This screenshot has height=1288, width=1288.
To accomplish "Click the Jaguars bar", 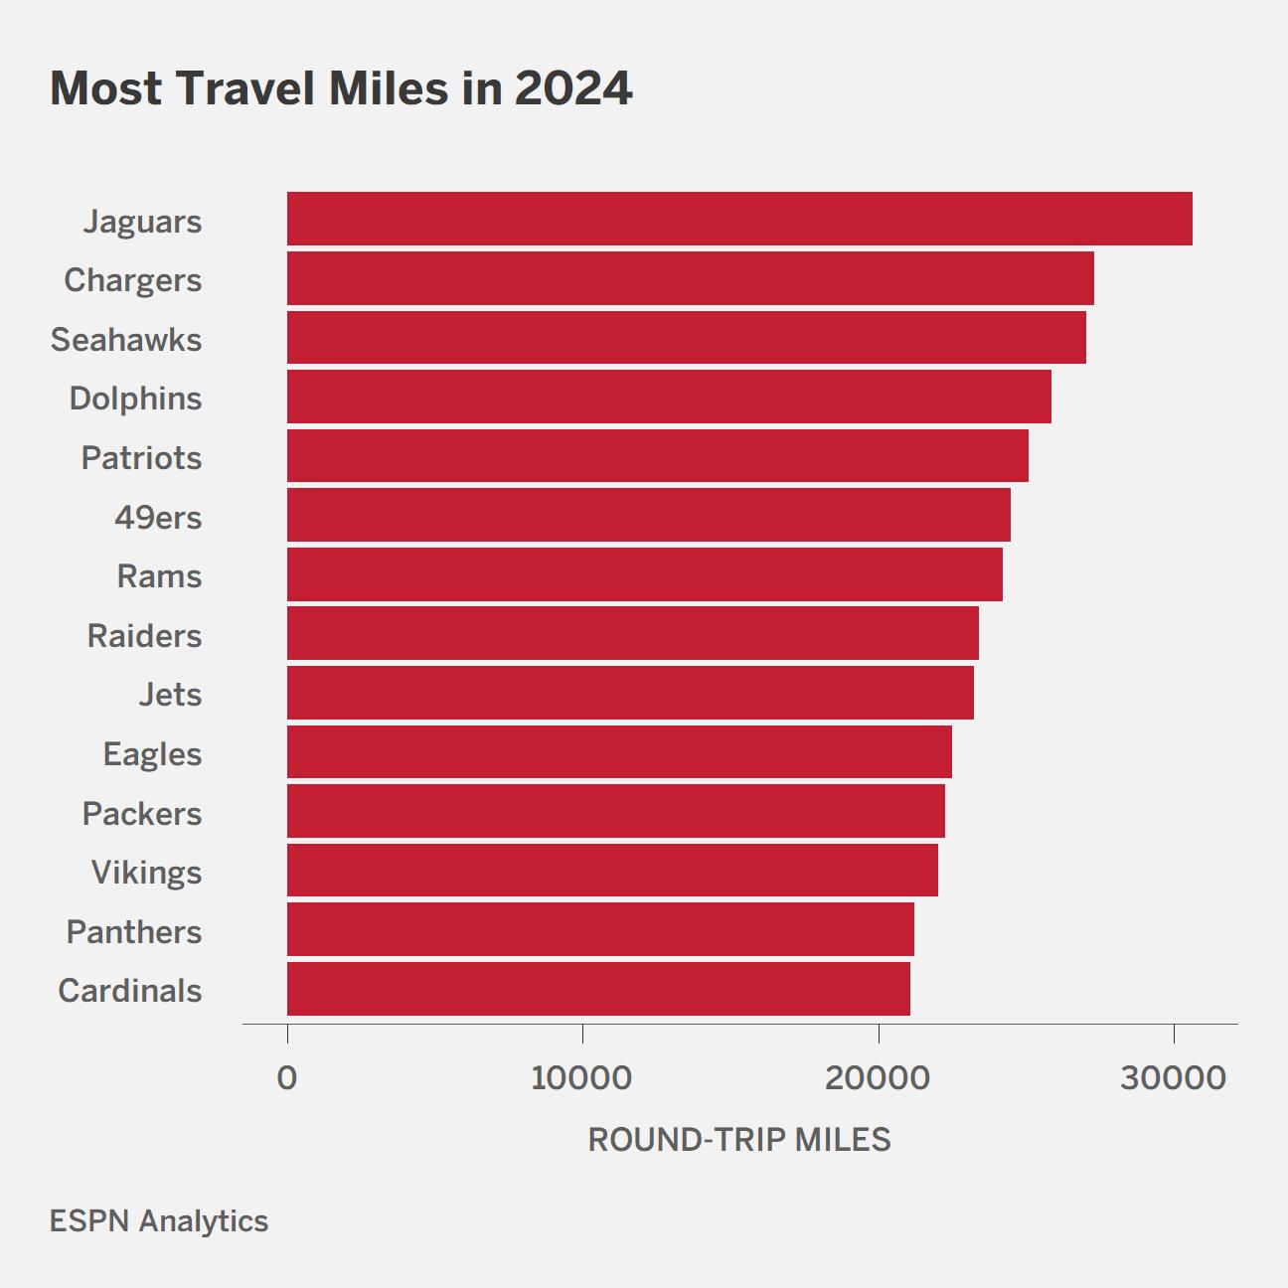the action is pyautogui.click(x=739, y=219).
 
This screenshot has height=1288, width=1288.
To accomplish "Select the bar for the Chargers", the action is pyautogui.click(x=691, y=278).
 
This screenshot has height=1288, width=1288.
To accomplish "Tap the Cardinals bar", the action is pyautogui.click(x=599, y=989).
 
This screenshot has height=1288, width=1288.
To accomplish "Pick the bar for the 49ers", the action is pyautogui.click(x=649, y=515).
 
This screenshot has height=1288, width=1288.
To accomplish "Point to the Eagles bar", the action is pyautogui.click(x=619, y=752).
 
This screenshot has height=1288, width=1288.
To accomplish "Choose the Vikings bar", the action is pyautogui.click(x=613, y=871).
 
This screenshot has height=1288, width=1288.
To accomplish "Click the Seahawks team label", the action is pyautogui.click(x=126, y=339).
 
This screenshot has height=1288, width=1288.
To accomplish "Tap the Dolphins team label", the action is pyautogui.click(x=136, y=399).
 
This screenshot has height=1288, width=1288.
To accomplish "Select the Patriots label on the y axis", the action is pyautogui.click(x=142, y=458).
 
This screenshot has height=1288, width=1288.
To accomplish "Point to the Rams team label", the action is pyautogui.click(x=159, y=576).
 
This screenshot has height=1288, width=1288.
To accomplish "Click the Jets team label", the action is pyautogui.click(x=170, y=695).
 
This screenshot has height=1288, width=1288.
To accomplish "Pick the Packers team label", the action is pyautogui.click(x=142, y=813).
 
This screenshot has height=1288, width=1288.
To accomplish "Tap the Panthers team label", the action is pyautogui.click(x=134, y=932).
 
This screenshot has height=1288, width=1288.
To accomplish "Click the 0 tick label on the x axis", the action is pyautogui.click(x=287, y=1078).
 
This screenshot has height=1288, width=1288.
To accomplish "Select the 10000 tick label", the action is pyautogui.click(x=581, y=1078).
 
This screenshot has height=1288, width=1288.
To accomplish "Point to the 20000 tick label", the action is pyautogui.click(x=878, y=1078).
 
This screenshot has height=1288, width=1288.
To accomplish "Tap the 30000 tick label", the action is pyautogui.click(x=1174, y=1078).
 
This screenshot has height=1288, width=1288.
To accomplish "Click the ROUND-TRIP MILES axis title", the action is pyautogui.click(x=739, y=1140).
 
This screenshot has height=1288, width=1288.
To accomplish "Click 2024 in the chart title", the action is pyautogui.click(x=573, y=88).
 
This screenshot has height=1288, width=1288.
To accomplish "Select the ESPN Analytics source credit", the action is pyautogui.click(x=159, y=1222).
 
